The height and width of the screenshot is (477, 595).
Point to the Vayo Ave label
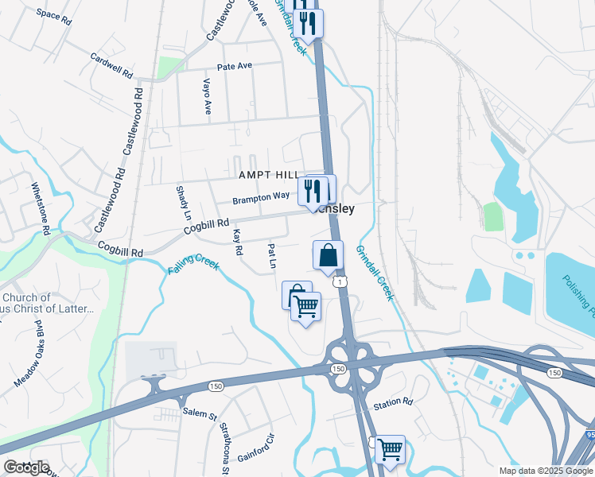click(x=207, y=95)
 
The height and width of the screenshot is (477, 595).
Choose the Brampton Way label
click(x=261, y=197)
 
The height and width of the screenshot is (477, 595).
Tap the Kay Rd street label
click(x=238, y=242)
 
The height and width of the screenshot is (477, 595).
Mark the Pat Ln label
click(x=272, y=254)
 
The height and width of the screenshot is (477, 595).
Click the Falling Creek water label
click(x=192, y=265)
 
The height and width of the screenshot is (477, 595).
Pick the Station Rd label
click(x=394, y=403)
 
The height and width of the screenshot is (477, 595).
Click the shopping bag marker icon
click(x=328, y=255)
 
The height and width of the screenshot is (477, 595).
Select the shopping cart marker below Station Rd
click(x=390, y=449)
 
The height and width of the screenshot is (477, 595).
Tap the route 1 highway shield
click(x=340, y=281)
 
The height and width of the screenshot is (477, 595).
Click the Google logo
click(x=25, y=467)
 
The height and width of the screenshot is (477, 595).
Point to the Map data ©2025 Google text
click(x=545, y=471)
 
